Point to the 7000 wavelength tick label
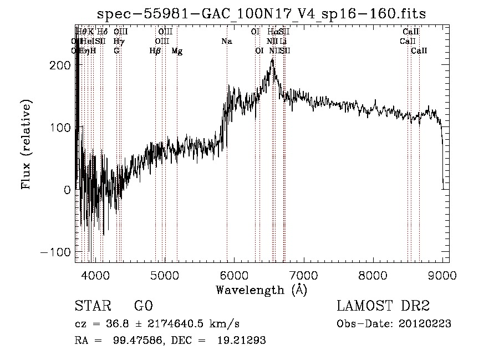(303, 275)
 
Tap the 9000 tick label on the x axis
(442, 275)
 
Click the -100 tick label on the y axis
(55, 252)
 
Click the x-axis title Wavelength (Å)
(261, 290)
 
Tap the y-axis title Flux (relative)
(27, 144)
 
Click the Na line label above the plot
(226, 42)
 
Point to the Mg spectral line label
(177, 51)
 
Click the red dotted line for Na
(227, 166)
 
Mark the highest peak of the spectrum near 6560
(272, 59)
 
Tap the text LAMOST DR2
(383, 306)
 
